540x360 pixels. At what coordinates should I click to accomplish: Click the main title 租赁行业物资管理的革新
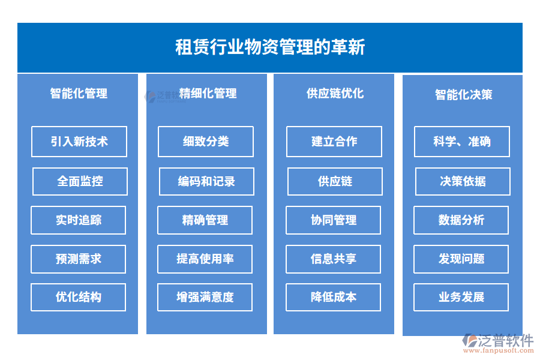click(270, 47)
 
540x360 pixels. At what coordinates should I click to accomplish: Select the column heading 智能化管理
click(79, 94)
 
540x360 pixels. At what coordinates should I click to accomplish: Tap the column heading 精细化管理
click(208, 94)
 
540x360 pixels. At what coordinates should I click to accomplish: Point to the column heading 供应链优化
click(335, 94)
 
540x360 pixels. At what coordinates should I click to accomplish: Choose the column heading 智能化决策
click(464, 95)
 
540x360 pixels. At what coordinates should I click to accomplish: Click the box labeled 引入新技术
click(79, 142)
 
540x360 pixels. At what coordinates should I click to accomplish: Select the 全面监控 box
click(80, 182)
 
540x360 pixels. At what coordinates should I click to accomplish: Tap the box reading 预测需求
click(78, 259)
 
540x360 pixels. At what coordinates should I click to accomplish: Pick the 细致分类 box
click(206, 142)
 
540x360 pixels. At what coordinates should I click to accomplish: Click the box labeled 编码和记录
click(206, 182)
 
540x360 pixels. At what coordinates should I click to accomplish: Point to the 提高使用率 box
click(205, 259)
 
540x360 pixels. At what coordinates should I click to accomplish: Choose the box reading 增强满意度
click(205, 298)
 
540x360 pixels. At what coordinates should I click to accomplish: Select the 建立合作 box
click(334, 142)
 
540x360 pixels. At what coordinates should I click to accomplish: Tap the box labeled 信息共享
click(334, 259)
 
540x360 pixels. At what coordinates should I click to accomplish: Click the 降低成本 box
click(334, 298)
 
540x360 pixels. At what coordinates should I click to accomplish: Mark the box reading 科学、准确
click(462, 142)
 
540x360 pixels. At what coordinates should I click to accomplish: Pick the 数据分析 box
click(461, 220)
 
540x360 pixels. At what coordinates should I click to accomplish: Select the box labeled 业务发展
click(461, 298)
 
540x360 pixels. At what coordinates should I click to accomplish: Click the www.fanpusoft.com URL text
click(499, 350)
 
